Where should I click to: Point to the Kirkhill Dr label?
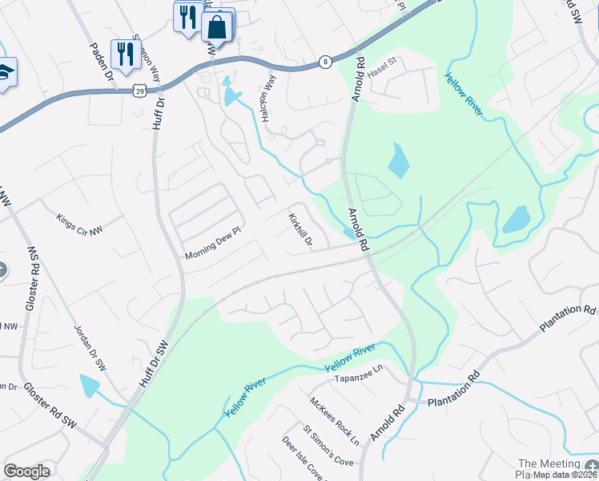click(x=299, y=229)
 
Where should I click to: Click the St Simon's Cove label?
click(x=328, y=446)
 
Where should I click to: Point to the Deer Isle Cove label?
click(x=302, y=459)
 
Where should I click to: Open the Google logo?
click(x=26, y=471)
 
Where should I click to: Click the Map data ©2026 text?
click(x=563, y=475)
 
